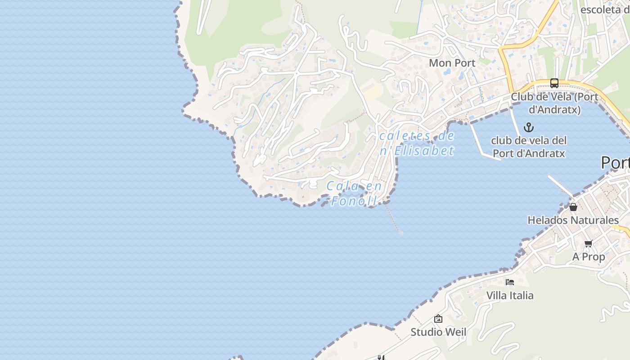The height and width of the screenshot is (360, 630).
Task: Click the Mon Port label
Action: point(452,63)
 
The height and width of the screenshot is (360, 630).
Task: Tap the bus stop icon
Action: point(554,83)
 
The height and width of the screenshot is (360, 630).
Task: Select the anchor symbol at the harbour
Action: point(529,127)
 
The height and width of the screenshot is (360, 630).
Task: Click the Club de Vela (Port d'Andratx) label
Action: point(554,103)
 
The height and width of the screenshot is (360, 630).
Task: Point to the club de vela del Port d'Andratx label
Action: point(529,147)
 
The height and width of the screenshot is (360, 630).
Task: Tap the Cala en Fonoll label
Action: point(354,193)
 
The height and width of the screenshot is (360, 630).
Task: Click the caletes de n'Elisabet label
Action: point(417,143)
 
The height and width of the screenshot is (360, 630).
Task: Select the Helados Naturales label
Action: point(573,220)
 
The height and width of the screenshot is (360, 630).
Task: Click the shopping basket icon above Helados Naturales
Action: point(573,207)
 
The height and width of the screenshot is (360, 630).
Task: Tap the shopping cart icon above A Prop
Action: point(588,244)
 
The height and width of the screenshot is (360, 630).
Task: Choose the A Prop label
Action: point(589,256)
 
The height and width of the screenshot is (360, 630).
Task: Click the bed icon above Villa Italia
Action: point(510,282)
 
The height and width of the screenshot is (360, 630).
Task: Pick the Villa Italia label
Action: point(510,296)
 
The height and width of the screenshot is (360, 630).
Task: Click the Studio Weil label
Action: point(438,332)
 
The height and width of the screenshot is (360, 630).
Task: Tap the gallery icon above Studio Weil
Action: point(438,319)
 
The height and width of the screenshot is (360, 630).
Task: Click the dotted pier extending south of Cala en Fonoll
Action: point(393,219)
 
